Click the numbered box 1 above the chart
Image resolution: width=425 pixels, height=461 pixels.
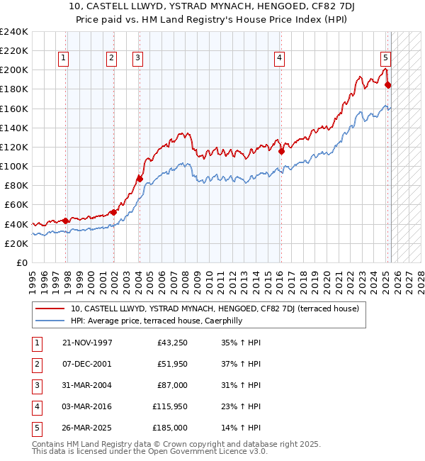64,58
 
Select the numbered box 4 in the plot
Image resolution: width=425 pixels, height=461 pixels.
280,58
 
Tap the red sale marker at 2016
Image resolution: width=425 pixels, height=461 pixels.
281,151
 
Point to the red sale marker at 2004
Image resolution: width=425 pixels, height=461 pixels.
140,179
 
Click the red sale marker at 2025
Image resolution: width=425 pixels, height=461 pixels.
387,85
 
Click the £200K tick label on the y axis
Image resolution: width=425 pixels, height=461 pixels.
14,70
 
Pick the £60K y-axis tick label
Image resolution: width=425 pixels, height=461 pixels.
16,205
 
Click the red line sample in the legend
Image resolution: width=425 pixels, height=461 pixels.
50,309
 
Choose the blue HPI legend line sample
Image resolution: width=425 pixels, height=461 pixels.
50,321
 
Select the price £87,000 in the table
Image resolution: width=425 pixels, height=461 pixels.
171,385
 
